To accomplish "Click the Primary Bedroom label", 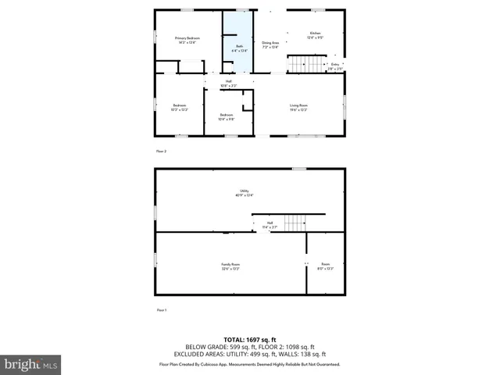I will click(x=187, y=38).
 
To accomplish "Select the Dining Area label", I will click(x=270, y=45).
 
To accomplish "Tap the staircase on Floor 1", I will click(x=294, y=224).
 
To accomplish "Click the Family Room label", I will click(x=230, y=265).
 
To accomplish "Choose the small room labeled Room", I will click(x=325, y=265).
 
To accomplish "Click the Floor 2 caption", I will click(x=161, y=151).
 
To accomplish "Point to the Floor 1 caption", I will click(x=161, y=310).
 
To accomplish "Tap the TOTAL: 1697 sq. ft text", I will click(x=250, y=339).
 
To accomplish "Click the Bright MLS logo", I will click(x=30, y=364).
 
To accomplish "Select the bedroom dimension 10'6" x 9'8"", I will click(x=226, y=119).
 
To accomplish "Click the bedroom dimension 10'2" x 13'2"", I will click(x=179, y=109).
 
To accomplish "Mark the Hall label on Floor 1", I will click(x=270, y=223).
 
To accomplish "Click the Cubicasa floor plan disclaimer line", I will click(x=250, y=364).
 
